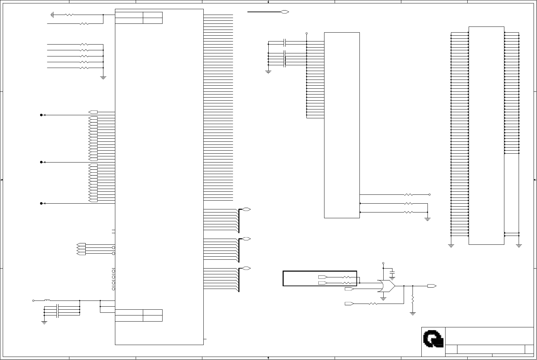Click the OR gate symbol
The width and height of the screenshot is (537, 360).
point(386,286)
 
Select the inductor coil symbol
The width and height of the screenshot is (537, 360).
point(47,301)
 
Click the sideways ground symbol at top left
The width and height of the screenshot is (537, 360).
point(52,15)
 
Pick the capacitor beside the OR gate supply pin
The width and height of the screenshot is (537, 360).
point(392,273)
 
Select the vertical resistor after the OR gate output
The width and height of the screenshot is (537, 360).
point(413,299)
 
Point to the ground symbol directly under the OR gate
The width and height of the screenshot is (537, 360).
point(383,298)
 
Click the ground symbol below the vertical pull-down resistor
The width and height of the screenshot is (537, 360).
point(413,314)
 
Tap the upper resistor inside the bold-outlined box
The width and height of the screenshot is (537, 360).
point(347,277)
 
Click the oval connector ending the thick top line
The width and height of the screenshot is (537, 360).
point(285,12)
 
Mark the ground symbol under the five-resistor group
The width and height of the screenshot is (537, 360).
point(103,78)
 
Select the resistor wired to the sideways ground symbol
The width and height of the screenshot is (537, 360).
point(69,15)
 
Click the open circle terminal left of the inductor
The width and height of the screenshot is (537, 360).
point(33,301)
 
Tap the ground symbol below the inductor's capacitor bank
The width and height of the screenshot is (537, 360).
point(44,322)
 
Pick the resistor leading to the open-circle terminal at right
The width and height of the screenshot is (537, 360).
point(408,195)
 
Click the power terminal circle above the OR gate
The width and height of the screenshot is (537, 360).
point(383,263)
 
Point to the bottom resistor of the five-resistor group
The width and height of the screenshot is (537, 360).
point(84,68)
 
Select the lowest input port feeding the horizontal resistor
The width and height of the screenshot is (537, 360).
point(349,303)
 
